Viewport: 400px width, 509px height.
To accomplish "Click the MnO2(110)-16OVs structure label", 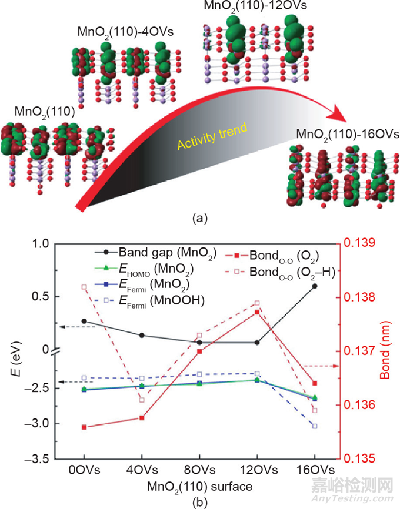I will pos(339,133).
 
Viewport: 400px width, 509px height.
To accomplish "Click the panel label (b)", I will pos(199,501).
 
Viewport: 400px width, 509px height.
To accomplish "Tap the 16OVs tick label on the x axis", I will pos(315,470).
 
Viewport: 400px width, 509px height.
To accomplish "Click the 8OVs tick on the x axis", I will pos(199,470).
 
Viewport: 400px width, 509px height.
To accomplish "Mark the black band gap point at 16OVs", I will pos(315,286).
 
